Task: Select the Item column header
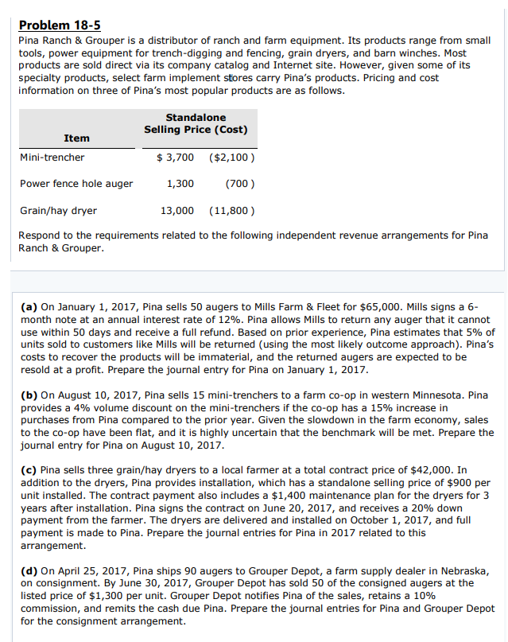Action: [x=76, y=138]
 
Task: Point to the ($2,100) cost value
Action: [x=231, y=158]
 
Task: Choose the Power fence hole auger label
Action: [x=76, y=184]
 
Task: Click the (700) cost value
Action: [x=239, y=184]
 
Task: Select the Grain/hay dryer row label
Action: [x=58, y=211]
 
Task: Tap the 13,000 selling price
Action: [x=177, y=211]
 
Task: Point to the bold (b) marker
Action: [x=28, y=395]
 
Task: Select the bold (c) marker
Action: [x=28, y=470]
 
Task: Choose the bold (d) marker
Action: [x=28, y=570]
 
